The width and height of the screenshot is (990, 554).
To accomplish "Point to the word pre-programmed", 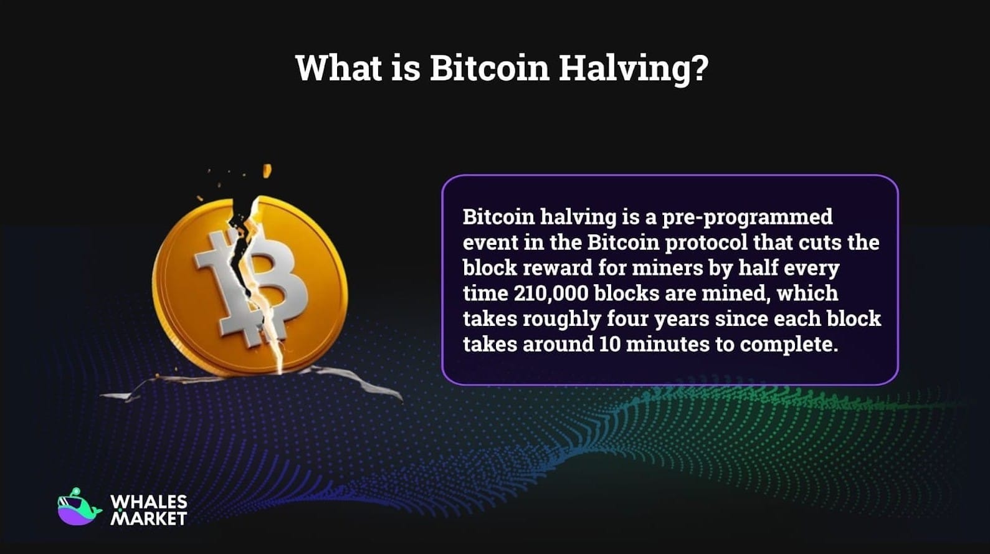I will point(747,217).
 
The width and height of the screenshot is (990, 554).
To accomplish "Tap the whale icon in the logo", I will point(78,508).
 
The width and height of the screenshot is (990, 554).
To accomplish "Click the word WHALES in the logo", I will point(148,502).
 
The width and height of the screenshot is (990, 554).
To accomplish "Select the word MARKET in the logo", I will point(148,518).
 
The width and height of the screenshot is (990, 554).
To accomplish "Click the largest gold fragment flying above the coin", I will point(267,171).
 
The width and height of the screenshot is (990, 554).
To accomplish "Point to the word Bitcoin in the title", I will point(489,68).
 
